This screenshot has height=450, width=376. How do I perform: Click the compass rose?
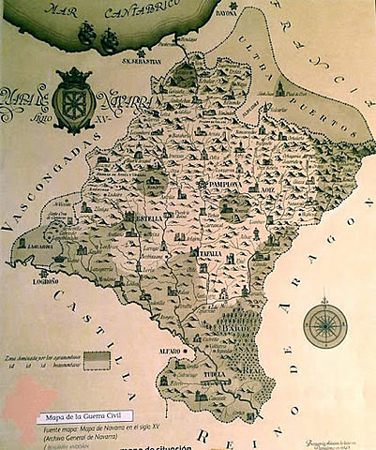click(x=324, y=323)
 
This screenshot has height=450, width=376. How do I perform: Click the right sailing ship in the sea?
click(x=110, y=39)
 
